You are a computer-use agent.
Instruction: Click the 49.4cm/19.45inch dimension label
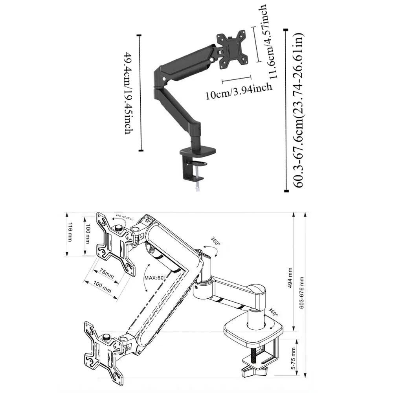tap(128, 93)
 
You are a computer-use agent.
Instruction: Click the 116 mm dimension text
tap(70, 232)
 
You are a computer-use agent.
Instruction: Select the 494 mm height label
tap(290, 278)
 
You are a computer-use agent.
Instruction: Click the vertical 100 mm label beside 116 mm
tap(88, 234)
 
